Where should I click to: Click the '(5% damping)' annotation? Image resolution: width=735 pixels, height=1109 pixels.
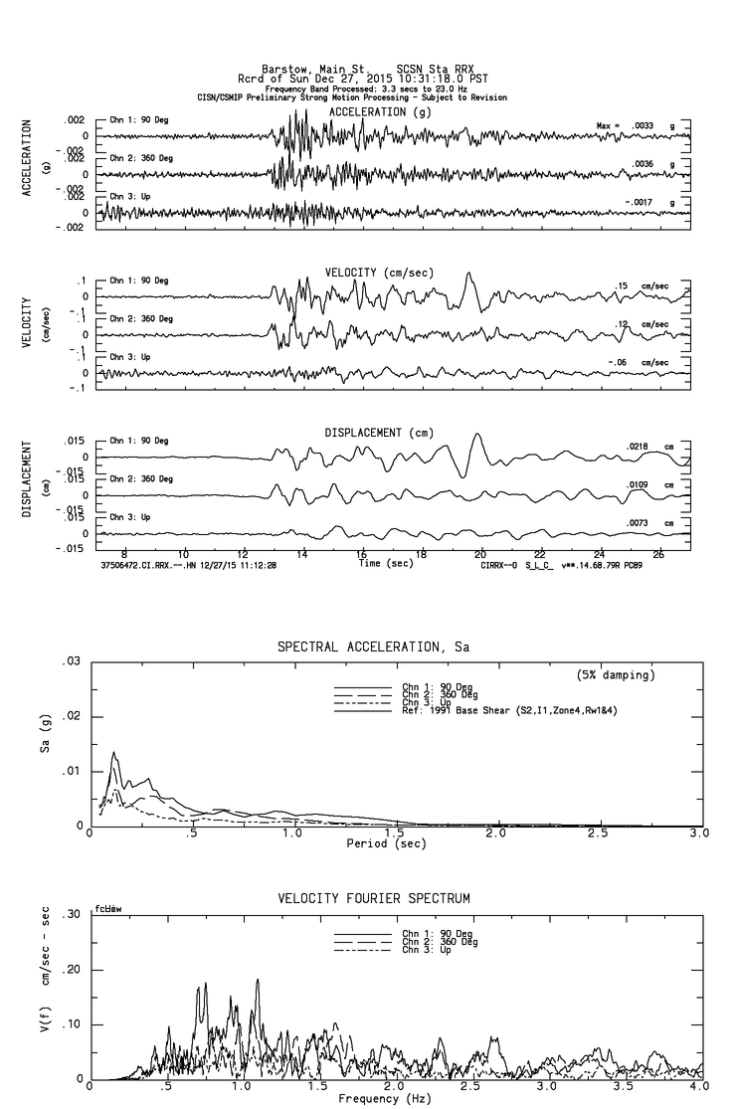coord(616,675)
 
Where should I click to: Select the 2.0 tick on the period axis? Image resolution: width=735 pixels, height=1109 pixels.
coord(495,833)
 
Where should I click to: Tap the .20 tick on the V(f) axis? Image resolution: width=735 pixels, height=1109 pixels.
coord(72,970)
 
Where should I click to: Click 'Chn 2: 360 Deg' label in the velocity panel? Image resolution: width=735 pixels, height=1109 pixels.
coord(140,319)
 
